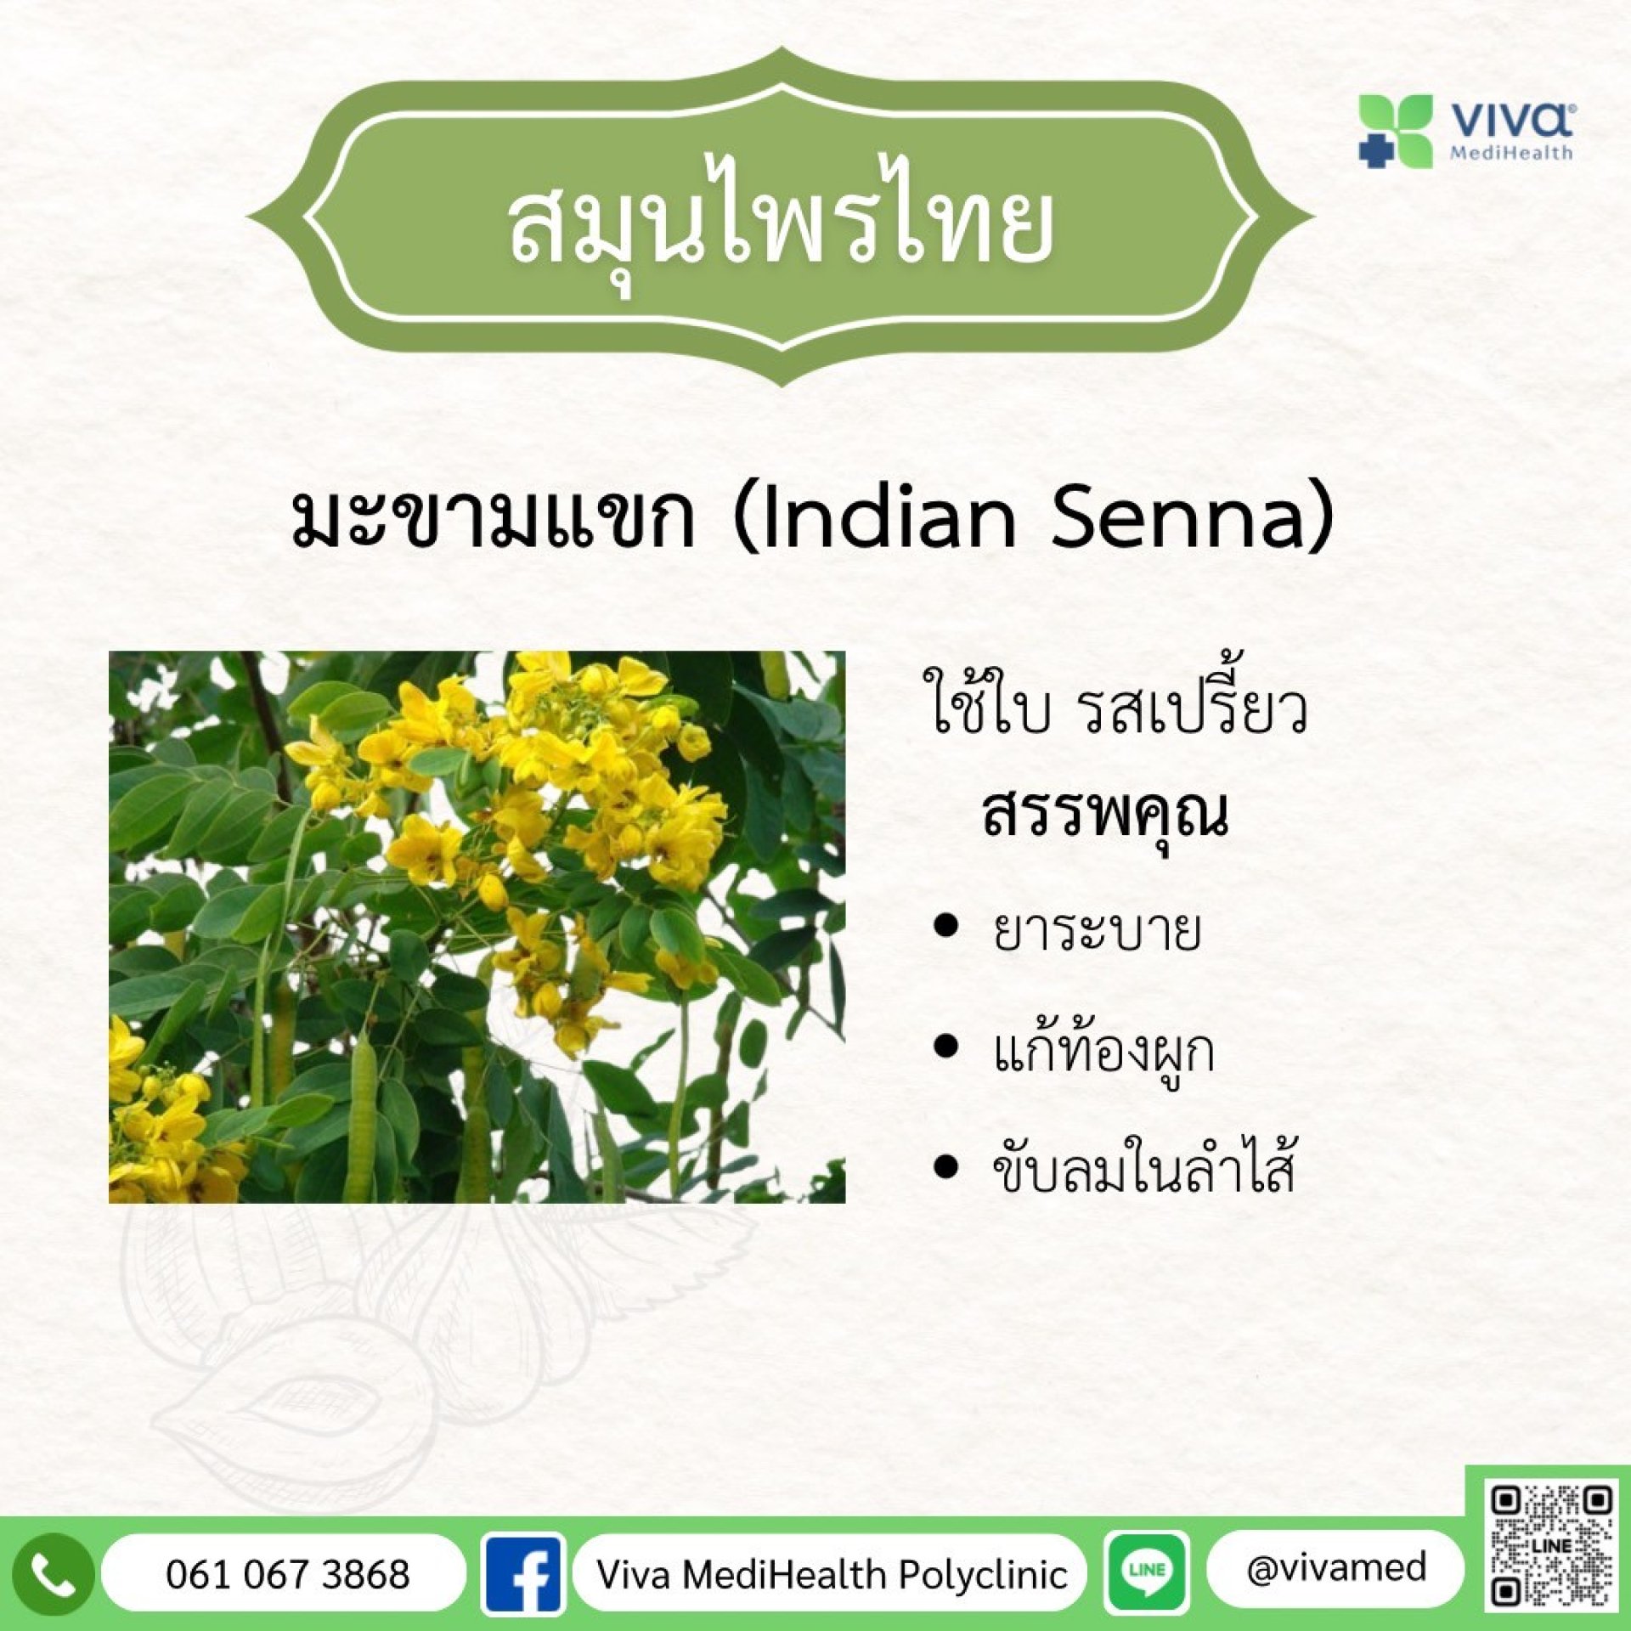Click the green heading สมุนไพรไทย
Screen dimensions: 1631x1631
pos(782,224)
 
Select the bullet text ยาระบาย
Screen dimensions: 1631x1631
pos(1097,930)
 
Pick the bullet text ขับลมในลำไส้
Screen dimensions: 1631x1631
pos(1143,1168)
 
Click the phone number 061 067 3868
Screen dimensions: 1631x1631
pos(288,1574)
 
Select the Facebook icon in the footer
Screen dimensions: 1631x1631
pos(522,1574)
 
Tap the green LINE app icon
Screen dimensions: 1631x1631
pos(1148,1572)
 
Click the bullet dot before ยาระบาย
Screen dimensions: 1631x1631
pos(945,927)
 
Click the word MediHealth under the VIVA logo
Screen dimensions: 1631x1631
pos(1511,154)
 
